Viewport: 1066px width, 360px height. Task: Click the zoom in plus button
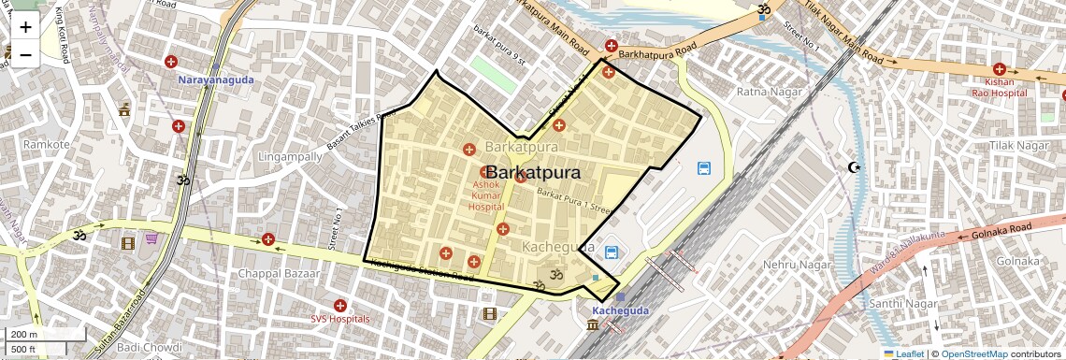click(25, 27)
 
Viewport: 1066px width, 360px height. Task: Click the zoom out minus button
click(25, 54)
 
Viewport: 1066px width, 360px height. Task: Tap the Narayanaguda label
click(216, 80)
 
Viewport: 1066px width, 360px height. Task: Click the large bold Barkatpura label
click(533, 173)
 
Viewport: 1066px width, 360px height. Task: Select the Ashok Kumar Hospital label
click(486, 195)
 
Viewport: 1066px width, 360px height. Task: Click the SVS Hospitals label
click(340, 319)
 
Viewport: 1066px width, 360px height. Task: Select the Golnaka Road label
click(1001, 227)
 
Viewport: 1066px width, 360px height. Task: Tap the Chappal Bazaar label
click(279, 274)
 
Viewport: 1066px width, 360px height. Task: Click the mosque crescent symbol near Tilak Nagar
click(852, 167)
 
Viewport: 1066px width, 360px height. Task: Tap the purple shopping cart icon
click(151, 240)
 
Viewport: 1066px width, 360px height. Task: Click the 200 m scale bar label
click(24, 334)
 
